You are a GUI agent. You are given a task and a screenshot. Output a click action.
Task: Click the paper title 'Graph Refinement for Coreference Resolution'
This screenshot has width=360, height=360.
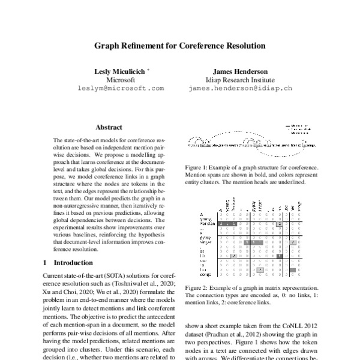180,45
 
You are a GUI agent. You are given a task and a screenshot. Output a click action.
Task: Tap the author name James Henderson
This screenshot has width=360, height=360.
239,71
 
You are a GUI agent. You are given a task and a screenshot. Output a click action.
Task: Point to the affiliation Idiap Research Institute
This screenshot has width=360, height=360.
239,79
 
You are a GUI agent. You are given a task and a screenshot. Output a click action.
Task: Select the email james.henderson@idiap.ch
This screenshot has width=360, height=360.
239,88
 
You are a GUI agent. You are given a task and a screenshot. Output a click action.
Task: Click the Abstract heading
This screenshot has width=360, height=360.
109,127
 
